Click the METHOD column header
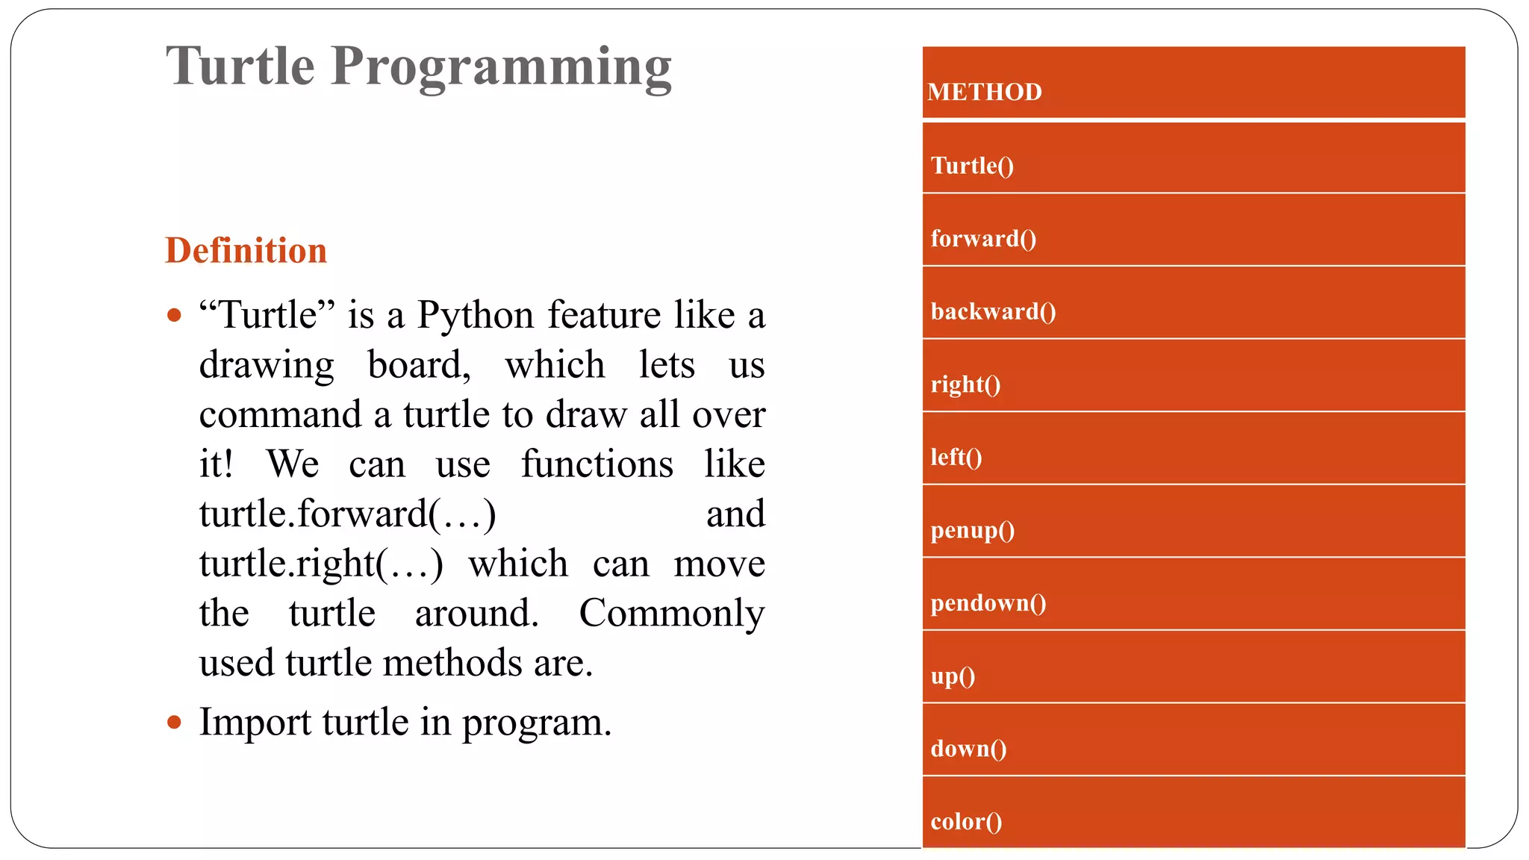(x=984, y=92)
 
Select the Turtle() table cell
(x=972, y=165)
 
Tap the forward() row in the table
(x=983, y=238)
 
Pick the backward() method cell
(x=993, y=311)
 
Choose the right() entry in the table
(x=965, y=384)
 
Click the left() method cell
(x=956, y=457)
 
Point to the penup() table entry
(x=972, y=530)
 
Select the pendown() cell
(x=988, y=603)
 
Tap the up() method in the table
(x=953, y=676)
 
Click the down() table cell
(x=968, y=748)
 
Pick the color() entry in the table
(x=966, y=821)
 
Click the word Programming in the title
(x=501, y=67)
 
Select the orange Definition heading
(x=246, y=250)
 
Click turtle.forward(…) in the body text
(x=347, y=514)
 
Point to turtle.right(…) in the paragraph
(x=321, y=564)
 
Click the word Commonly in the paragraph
(x=672, y=613)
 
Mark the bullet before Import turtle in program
(x=175, y=722)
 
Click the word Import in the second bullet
(x=255, y=722)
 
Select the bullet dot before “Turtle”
(x=175, y=315)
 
